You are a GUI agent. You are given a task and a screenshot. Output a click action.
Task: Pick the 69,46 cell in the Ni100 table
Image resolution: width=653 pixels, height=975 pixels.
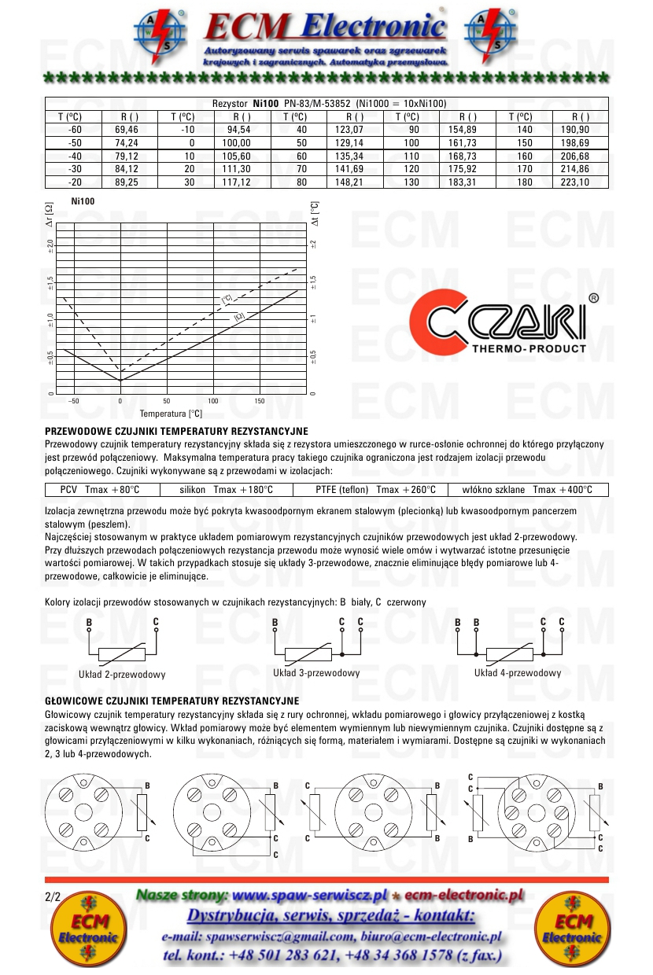pos(126,130)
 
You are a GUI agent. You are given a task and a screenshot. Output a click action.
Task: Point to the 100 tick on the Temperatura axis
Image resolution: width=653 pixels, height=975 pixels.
pos(213,401)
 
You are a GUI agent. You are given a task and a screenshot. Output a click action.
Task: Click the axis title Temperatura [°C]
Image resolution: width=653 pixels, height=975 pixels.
pos(171,413)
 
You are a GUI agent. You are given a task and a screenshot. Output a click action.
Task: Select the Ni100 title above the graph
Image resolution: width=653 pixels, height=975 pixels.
pos(83,201)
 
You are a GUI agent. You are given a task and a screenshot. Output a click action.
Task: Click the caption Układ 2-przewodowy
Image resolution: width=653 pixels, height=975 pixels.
pos(122,675)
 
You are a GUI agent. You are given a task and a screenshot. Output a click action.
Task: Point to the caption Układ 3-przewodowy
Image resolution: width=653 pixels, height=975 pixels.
pos(316,673)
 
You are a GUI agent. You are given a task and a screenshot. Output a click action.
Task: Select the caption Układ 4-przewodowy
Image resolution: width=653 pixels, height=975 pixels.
pos(518,673)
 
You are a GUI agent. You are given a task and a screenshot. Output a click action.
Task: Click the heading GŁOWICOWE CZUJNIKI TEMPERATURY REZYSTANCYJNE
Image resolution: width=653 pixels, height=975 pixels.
pos(172,700)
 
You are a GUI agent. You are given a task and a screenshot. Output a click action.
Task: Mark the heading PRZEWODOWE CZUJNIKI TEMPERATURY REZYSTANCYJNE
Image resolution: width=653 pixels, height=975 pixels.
pos(176,431)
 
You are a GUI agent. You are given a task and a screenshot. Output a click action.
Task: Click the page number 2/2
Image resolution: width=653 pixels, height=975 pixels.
pos(53,896)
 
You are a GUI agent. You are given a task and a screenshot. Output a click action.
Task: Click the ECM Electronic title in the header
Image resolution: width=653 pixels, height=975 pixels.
pos(325,29)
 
